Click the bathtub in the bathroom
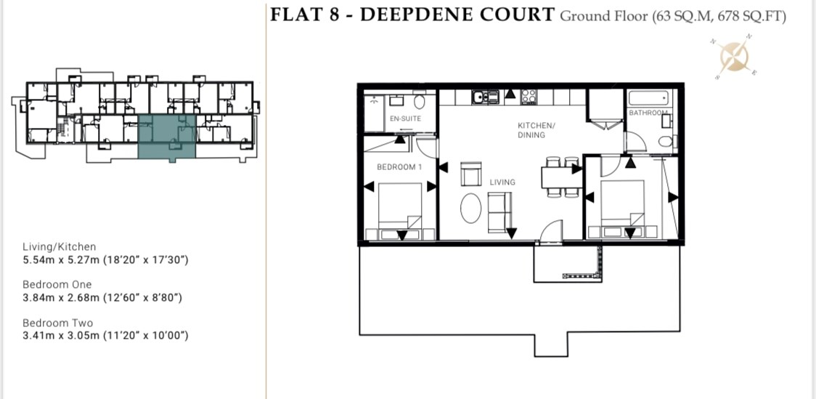click(648, 99)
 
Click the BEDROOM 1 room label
click(396, 167)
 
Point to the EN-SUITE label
click(405, 118)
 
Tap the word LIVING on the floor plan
click(502, 182)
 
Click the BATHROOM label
click(648, 113)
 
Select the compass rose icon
click(735, 55)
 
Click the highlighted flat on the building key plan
click(166, 137)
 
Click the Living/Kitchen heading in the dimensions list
click(59, 247)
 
